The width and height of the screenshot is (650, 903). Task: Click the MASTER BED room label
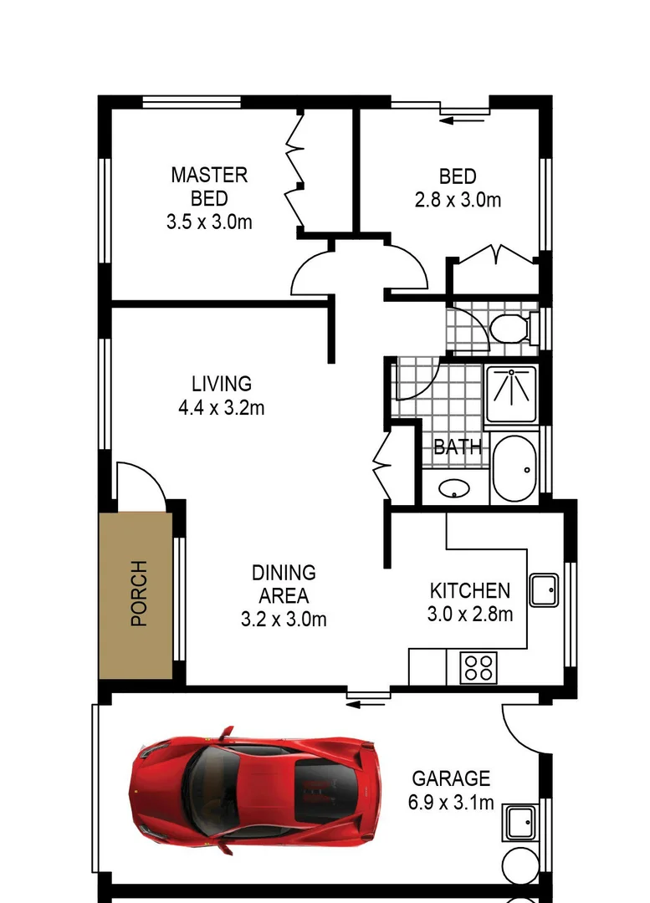(209, 186)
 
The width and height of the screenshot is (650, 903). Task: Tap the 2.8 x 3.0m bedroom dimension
(458, 201)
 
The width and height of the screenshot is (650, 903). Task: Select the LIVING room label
(221, 384)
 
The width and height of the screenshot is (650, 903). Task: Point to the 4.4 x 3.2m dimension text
(221, 408)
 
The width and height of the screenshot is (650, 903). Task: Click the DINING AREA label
(284, 584)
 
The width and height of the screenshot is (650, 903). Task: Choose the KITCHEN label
(469, 591)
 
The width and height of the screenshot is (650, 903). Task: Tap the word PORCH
(138, 594)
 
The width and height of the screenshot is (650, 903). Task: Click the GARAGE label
(451, 778)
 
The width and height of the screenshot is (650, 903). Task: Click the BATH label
(458, 446)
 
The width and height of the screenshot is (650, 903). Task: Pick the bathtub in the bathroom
(513, 468)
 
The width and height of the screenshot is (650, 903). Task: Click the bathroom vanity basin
(453, 488)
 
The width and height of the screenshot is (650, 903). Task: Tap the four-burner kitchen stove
(478, 668)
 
